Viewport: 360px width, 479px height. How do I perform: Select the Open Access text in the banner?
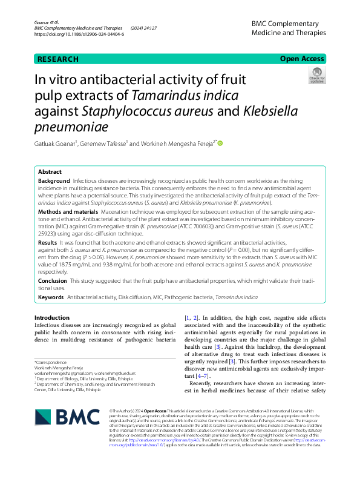[x=301, y=59]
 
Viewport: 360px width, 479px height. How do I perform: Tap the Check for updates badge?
[x=316, y=76]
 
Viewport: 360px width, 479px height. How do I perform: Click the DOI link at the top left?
[x=80, y=35]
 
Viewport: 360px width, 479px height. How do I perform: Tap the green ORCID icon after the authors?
[x=221, y=144]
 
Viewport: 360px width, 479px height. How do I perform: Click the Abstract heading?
[x=50, y=172]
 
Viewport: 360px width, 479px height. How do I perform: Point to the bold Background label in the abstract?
[x=54, y=181]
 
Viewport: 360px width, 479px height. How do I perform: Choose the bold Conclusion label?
[x=53, y=281]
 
